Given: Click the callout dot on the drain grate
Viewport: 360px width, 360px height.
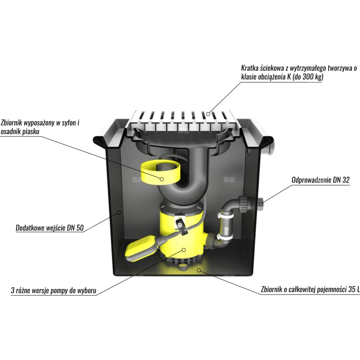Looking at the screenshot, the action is (208, 113).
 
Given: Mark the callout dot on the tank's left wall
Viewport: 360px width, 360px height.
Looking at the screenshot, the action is (119, 213).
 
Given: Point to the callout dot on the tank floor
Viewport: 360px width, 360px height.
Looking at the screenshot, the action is (199, 270).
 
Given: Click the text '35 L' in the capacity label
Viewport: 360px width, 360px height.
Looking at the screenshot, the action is (354, 289).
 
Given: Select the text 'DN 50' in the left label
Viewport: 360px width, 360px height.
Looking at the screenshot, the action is (75, 228).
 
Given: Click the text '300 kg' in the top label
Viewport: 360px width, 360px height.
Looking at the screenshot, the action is (311, 77).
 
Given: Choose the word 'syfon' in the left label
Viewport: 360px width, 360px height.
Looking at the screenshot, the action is (69, 123).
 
